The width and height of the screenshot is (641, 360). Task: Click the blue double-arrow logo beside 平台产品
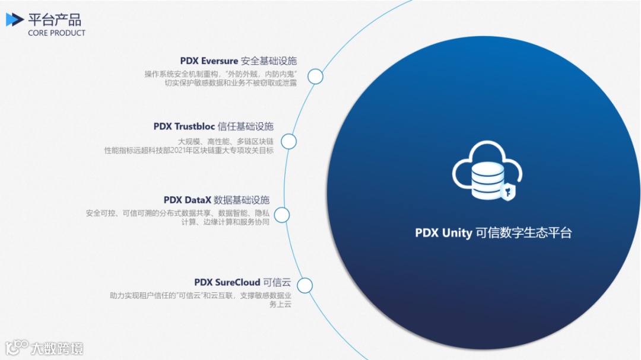tap(15, 20)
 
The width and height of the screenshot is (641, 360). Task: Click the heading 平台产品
tap(55, 19)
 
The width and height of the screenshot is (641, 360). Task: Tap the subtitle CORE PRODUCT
tap(56, 33)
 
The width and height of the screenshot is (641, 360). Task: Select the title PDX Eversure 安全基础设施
tap(238, 61)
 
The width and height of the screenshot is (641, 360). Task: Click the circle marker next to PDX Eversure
tap(315, 76)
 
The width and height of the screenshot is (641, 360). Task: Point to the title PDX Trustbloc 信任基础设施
tap(213, 126)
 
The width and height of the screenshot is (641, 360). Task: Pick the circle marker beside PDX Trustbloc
tap(288, 141)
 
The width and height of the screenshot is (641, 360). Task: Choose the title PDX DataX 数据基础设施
tap(216, 200)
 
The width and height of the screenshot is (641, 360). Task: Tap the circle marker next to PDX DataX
tap(281, 215)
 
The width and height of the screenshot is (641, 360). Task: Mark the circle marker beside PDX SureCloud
tap(304, 285)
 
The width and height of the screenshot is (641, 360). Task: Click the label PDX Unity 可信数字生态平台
tap(493, 233)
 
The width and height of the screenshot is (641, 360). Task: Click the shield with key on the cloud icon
tap(509, 192)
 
